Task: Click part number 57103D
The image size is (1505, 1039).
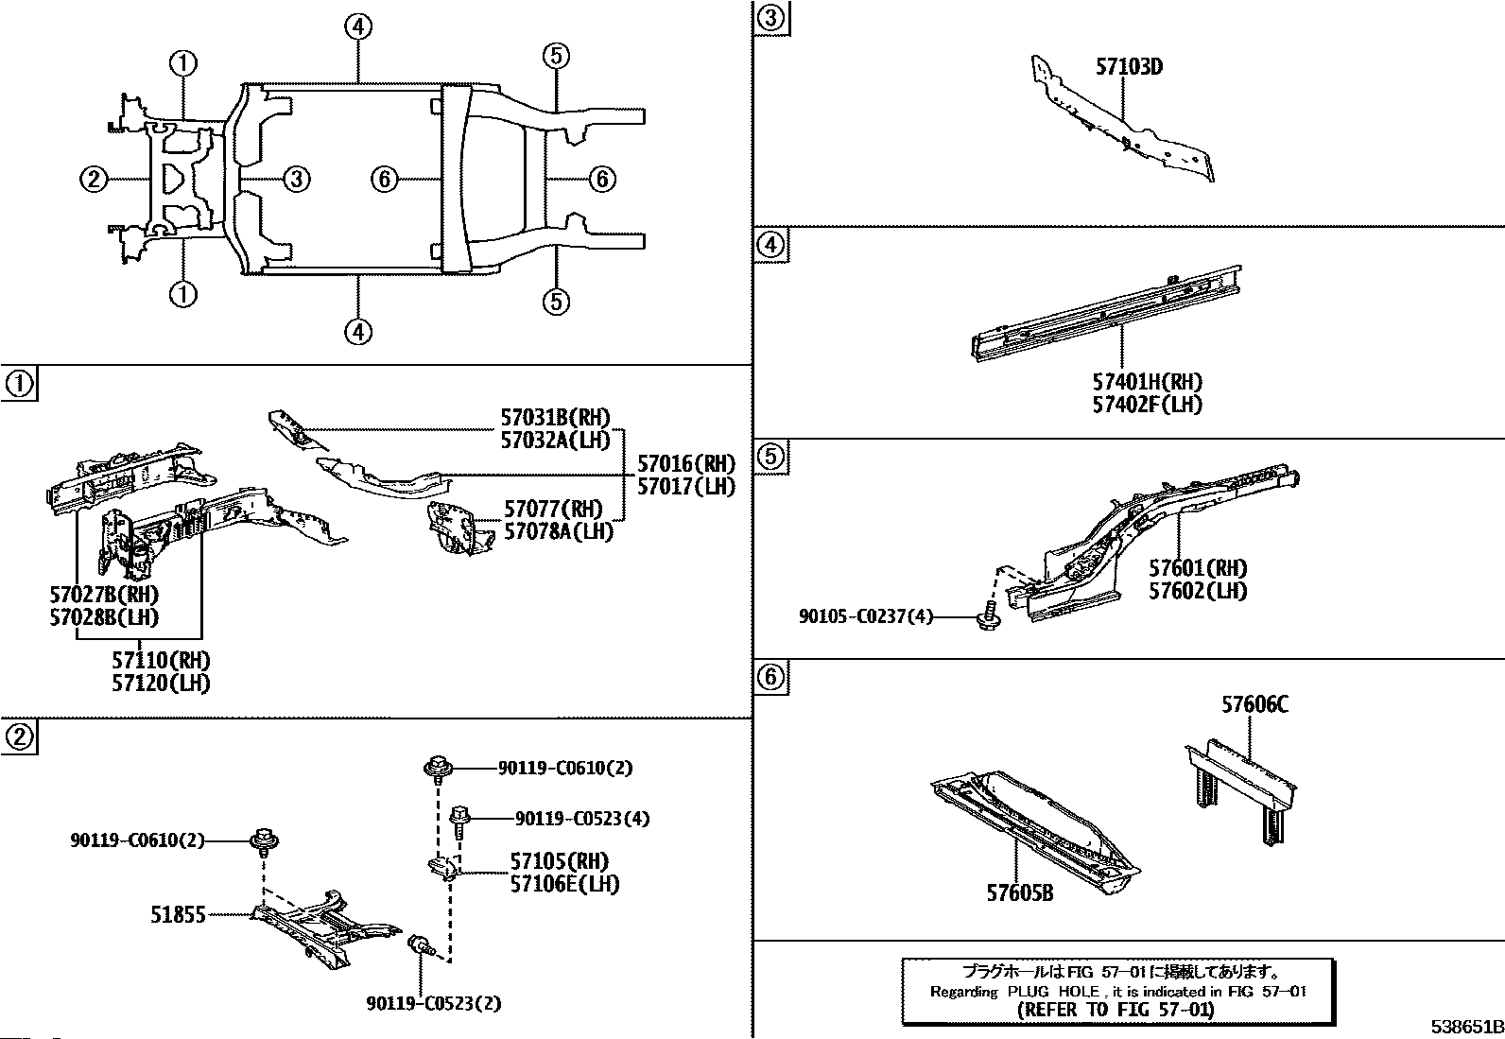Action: click(x=1129, y=67)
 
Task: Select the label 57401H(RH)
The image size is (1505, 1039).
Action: click(x=1148, y=382)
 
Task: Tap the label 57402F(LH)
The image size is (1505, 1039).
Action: click(x=1148, y=405)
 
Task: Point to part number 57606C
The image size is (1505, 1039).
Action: click(x=1254, y=704)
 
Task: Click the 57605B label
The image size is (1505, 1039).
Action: click(x=1019, y=892)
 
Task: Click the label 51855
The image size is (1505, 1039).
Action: click(x=178, y=914)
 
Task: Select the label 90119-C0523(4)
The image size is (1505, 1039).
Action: click(x=582, y=819)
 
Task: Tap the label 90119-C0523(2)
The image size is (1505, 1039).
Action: click(x=433, y=1003)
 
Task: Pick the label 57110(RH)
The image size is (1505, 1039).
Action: click(x=161, y=660)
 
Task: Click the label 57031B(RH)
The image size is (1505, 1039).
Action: click(x=555, y=417)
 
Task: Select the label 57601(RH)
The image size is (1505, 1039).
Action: click(x=1198, y=568)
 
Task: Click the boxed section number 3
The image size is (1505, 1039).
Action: click(x=771, y=19)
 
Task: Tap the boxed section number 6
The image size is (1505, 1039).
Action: click(x=771, y=677)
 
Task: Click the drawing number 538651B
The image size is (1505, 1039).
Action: click(x=1464, y=1027)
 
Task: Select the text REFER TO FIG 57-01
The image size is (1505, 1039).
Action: click(x=1117, y=1009)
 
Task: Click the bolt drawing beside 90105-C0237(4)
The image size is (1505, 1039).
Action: click(x=988, y=616)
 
